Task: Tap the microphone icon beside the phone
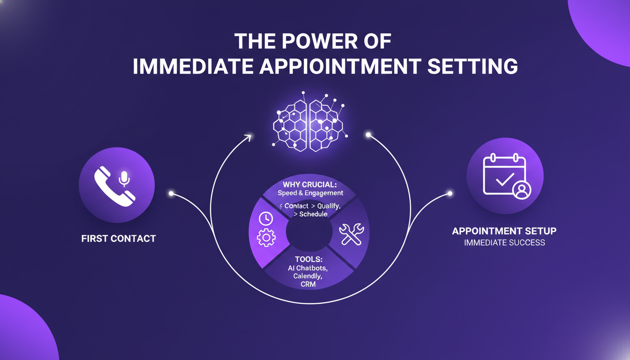[124, 178]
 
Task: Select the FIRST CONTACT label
[119, 239]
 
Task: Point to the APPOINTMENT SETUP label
[504, 231]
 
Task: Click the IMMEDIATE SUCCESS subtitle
[504, 243]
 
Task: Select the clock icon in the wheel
[266, 219]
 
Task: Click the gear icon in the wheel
[266, 237]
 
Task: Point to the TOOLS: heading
[308, 259]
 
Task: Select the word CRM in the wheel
[308, 285]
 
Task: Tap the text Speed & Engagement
[310, 193]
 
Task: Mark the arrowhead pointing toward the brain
[247, 137]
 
